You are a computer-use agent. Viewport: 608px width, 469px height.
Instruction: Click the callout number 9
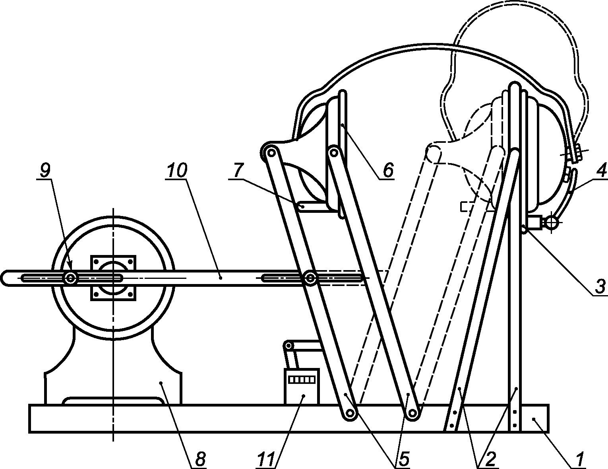(x=45, y=171)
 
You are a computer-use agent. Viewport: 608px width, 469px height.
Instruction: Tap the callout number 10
(x=176, y=171)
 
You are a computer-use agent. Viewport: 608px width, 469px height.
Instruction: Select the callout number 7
(x=238, y=171)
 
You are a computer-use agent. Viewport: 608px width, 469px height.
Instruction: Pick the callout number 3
(x=599, y=285)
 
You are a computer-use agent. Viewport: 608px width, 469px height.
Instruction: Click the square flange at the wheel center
(x=114, y=278)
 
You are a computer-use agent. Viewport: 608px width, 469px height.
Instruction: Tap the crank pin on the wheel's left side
(x=71, y=278)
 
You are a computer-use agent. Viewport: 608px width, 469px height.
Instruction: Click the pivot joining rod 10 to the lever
(x=310, y=278)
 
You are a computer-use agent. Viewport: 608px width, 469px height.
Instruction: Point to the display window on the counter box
(x=302, y=379)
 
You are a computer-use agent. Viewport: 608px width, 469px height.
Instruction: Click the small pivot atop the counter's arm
(x=289, y=345)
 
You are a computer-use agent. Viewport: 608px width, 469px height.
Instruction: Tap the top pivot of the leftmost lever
(x=271, y=152)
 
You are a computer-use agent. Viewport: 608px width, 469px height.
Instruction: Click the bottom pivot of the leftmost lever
(x=350, y=414)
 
